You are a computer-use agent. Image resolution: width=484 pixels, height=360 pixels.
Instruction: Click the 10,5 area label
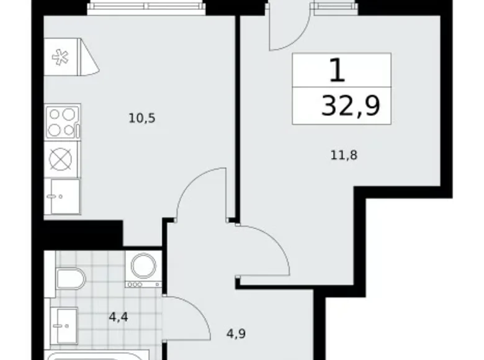click(x=141, y=117)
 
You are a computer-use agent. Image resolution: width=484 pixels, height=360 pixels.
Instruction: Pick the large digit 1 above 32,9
click(x=337, y=71)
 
